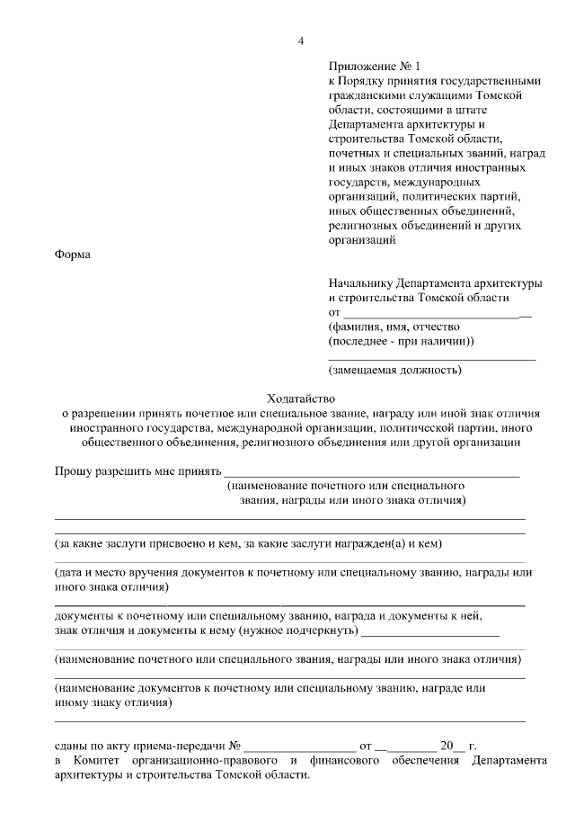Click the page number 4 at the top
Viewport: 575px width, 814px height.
tap(301, 40)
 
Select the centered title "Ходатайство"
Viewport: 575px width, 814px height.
tap(300, 398)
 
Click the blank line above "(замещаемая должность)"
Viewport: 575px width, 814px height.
tap(432, 359)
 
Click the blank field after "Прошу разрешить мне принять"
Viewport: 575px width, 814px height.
tap(371, 471)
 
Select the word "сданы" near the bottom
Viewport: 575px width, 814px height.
tap(71, 746)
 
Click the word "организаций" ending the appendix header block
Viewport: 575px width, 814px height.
tap(362, 240)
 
